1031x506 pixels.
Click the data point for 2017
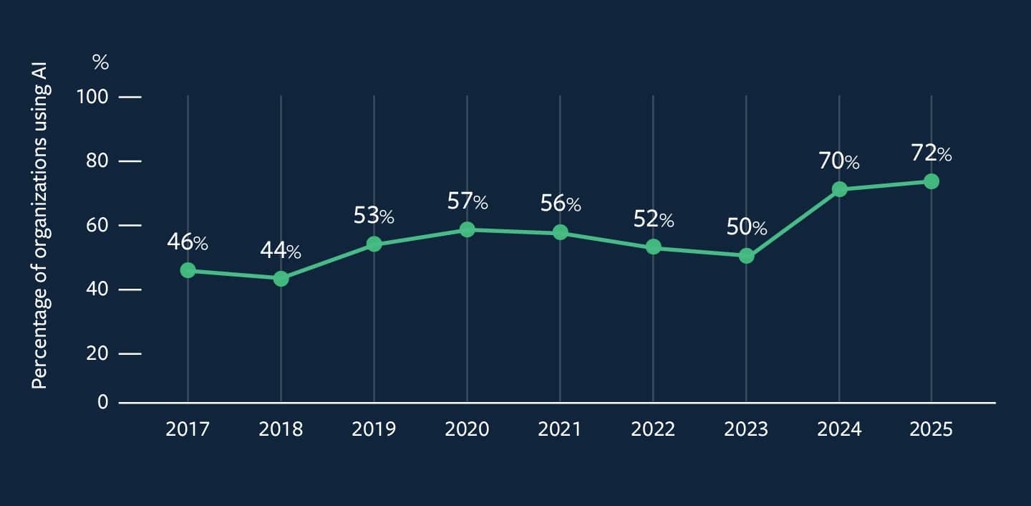(188, 270)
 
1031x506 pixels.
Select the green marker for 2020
(467, 229)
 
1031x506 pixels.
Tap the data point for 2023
(746, 256)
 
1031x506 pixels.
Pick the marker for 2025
(931, 181)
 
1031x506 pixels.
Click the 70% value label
(838, 161)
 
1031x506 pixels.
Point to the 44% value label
(280, 251)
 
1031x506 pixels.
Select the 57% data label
(467, 201)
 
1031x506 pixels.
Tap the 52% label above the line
(653, 219)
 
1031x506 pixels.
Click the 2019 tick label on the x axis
(374, 429)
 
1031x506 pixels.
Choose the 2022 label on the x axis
(653, 429)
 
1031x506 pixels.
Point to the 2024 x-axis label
(839, 429)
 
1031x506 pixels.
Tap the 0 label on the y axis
(102, 402)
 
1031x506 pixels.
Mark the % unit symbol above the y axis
(101, 63)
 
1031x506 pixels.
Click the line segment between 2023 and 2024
(793, 222)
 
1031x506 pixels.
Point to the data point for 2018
(281, 278)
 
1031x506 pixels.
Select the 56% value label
(560, 204)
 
